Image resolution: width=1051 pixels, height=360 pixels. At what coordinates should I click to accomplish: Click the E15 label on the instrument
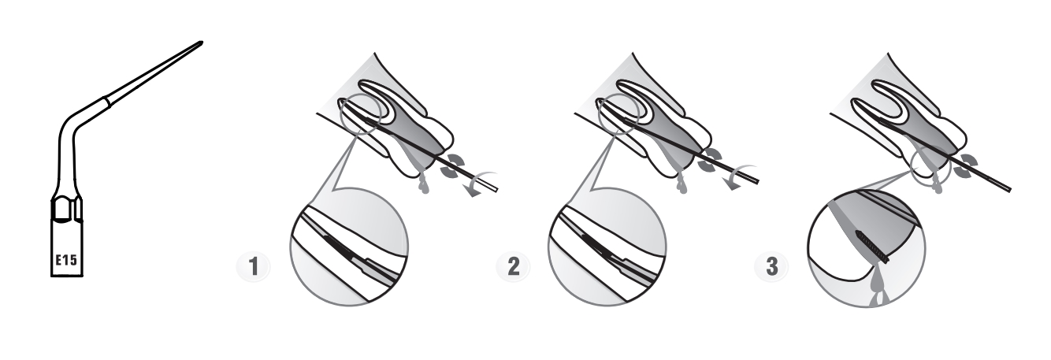point(67,259)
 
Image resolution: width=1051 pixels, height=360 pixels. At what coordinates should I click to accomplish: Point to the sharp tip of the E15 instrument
point(202,43)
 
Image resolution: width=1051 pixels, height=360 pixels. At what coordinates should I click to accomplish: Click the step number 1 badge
point(254,266)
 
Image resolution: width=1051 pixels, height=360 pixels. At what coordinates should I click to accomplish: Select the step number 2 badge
point(514,266)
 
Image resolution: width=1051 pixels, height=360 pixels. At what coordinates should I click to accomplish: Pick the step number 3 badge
point(771,266)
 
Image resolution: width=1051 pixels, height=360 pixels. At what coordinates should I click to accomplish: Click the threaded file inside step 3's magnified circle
point(873,247)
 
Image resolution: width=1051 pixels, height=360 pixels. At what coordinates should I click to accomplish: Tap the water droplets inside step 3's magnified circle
point(876,286)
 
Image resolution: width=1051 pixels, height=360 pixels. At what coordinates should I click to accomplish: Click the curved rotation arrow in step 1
point(478,183)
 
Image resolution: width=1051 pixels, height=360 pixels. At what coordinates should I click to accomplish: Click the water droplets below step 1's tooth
point(424,183)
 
